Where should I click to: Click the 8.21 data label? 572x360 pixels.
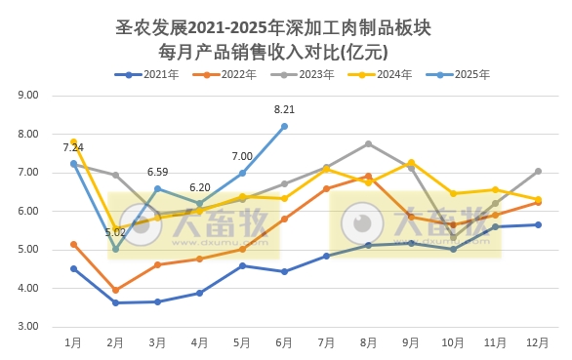[x=284, y=110]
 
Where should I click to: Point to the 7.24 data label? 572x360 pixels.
[x=73, y=147]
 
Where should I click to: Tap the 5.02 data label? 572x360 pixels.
[x=115, y=232]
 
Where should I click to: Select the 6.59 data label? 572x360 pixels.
[x=157, y=172]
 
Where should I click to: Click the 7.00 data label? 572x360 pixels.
[x=242, y=156]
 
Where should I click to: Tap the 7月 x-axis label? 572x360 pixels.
[x=327, y=343]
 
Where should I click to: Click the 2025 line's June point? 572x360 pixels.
[x=284, y=126]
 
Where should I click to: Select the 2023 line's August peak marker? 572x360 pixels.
[x=369, y=143]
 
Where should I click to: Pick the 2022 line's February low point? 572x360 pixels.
[x=115, y=290]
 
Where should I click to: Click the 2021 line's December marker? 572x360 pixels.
[x=539, y=224]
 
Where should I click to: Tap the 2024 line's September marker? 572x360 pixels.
[x=411, y=162]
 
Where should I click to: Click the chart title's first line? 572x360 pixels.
[x=285, y=27]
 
